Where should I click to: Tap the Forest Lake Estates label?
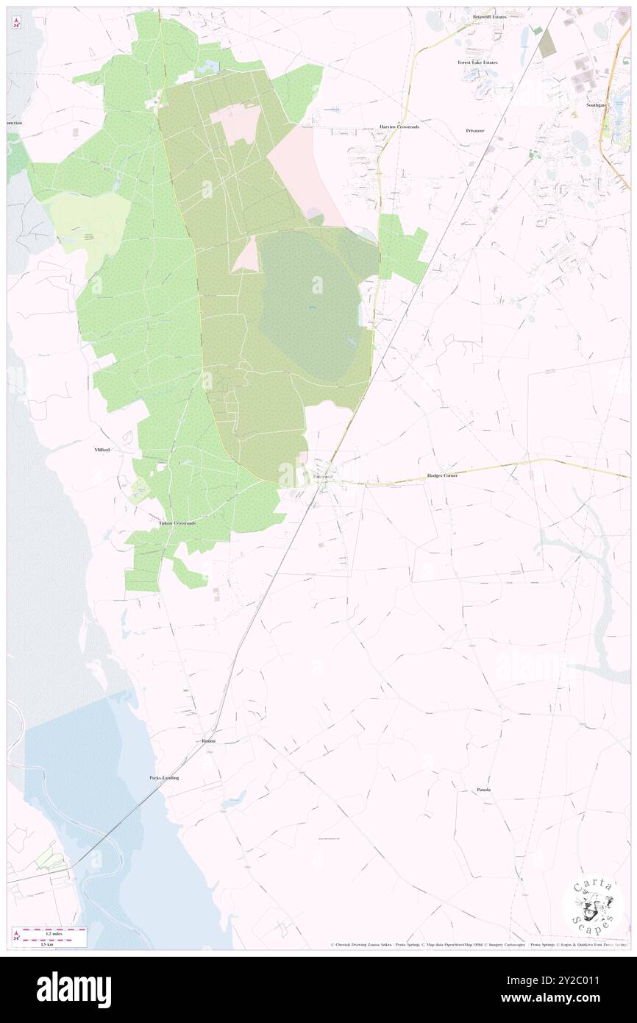point(477,63)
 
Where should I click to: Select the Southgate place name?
point(597,105)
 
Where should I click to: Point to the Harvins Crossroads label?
point(399,127)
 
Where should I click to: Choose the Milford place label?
point(102,449)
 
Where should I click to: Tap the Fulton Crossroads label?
point(177,523)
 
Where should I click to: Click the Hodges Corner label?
point(442,475)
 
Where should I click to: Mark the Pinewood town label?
point(323,477)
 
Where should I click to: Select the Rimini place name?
point(209,740)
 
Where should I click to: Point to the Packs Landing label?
point(164,777)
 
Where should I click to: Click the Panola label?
point(483,790)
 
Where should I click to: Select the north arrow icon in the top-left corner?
point(16,22)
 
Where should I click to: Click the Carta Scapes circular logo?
point(593,905)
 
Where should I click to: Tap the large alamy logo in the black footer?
point(74,990)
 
